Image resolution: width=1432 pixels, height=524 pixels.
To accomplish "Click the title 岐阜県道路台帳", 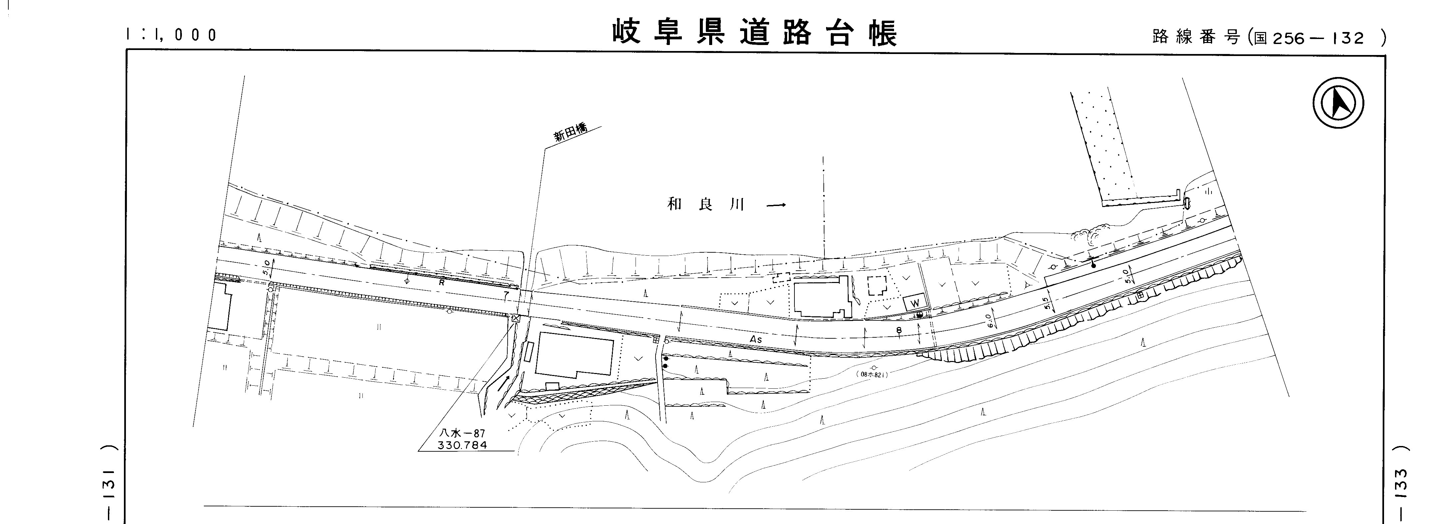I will (755, 33).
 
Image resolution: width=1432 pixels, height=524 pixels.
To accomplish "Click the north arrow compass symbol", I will (1338, 103).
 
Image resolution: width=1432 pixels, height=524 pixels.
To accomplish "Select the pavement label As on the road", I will (755, 339).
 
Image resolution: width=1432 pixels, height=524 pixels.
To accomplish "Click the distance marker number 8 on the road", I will (899, 330).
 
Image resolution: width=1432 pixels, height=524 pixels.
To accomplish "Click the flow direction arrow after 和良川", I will (776, 205).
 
